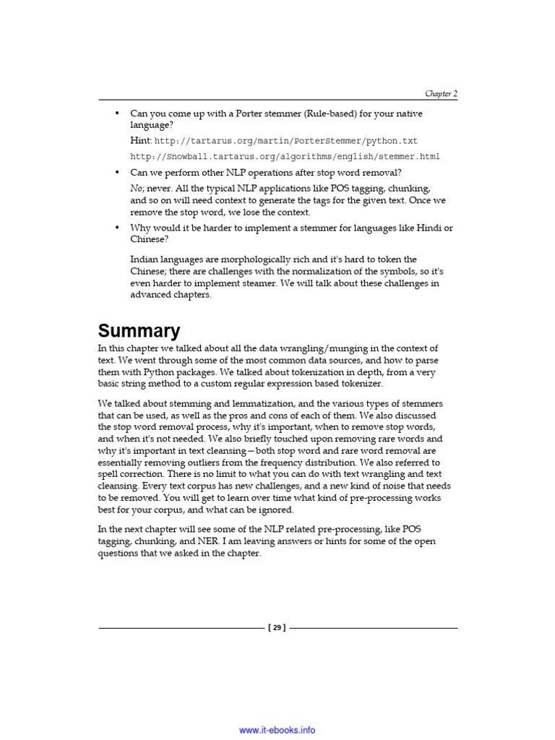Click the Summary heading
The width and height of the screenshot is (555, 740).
(139, 331)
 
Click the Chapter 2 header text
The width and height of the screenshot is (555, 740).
(441, 94)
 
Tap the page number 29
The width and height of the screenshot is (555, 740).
(277, 627)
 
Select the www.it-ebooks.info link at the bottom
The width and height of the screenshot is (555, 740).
(277, 730)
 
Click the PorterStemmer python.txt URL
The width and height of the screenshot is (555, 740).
(285, 141)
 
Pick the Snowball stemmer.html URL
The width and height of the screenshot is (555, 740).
(285, 157)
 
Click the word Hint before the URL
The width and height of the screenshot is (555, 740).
(140, 141)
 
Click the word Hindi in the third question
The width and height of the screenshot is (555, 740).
(429, 228)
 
